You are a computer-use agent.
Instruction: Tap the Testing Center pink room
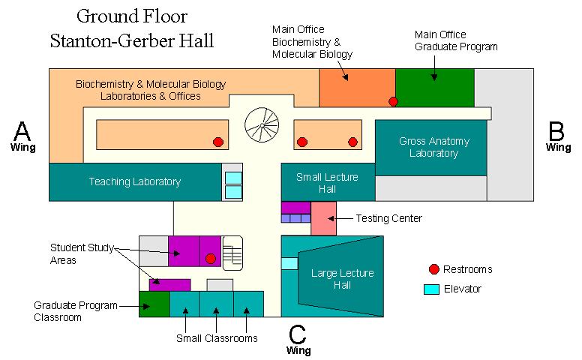click(323, 218)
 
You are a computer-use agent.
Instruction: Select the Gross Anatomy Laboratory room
click(430, 148)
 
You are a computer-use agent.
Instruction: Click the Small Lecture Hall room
click(327, 183)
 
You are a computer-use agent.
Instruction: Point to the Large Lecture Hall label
click(342, 279)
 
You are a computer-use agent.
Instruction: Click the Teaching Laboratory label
click(135, 181)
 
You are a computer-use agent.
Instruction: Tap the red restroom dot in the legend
click(433, 269)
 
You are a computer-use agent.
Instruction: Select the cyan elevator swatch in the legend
click(431, 289)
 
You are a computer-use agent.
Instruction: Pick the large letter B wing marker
click(556, 131)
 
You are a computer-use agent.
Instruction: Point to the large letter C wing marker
click(298, 334)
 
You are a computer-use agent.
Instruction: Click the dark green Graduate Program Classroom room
click(154, 304)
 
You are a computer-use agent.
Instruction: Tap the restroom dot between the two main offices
click(392, 101)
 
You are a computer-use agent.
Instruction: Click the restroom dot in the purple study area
click(210, 258)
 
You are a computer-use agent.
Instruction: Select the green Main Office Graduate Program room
click(435, 86)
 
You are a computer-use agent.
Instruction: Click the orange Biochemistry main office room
click(356, 86)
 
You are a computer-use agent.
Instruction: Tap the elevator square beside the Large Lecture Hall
click(289, 263)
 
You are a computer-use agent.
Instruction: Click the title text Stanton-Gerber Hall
click(132, 40)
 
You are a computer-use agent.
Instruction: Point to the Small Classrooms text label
click(217, 338)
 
